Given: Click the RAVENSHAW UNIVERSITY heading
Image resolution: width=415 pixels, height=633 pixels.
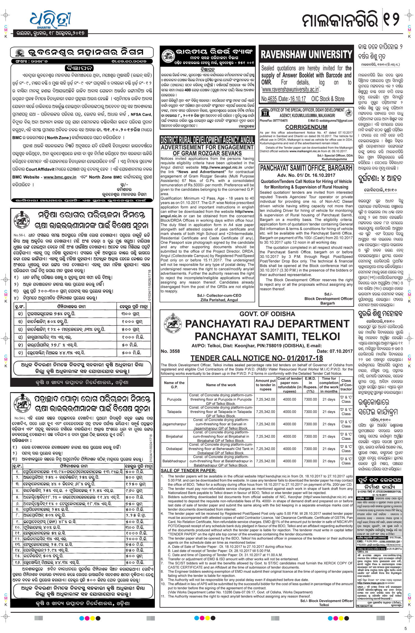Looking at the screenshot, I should click(x=306, y=55).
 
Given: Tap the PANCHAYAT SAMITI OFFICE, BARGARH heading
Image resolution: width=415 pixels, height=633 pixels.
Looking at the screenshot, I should click(x=306, y=168).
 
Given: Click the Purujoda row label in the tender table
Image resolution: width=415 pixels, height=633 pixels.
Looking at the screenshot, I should click(x=174, y=399).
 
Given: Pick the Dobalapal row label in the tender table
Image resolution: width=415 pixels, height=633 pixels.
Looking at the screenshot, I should click(x=174, y=449).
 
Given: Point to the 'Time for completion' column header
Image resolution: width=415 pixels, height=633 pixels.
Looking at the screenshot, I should click(x=329, y=385).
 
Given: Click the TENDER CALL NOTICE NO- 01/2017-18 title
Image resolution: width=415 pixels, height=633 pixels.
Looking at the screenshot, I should click(x=256, y=358).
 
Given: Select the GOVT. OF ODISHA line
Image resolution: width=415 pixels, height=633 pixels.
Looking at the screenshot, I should click(x=267, y=314).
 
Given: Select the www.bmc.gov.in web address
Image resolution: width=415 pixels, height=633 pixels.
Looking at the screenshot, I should click(x=60, y=177).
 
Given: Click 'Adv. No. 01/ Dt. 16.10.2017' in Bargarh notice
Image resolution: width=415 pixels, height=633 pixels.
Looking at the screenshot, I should click(x=306, y=175).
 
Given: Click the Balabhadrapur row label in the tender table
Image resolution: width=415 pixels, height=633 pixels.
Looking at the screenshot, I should click(x=174, y=461).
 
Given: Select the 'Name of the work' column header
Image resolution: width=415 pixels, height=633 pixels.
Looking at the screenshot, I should click(x=221, y=385).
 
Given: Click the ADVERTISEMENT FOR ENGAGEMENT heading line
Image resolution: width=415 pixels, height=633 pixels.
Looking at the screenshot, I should click(x=207, y=147).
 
